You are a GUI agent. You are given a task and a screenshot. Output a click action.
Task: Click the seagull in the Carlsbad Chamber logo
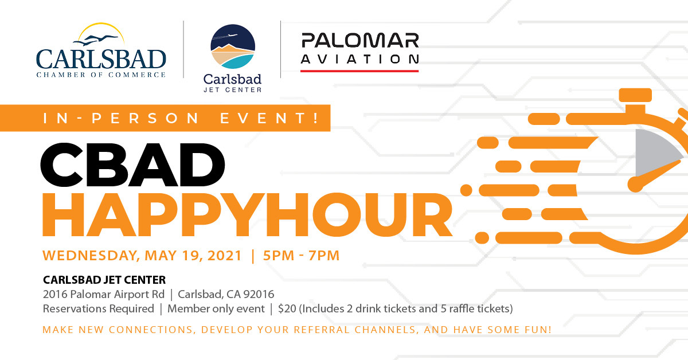(x=96, y=40)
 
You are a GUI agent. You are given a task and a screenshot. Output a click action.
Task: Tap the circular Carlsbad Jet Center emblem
(x=233, y=46)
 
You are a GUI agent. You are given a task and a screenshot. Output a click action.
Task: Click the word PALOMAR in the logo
(x=360, y=41)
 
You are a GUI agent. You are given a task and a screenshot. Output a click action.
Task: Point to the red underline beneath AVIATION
(x=359, y=71)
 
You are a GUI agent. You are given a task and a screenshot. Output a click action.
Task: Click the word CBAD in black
(x=132, y=165)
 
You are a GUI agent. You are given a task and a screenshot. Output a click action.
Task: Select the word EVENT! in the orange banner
(x=270, y=118)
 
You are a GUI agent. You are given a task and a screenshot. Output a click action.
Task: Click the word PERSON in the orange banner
(x=146, y=118)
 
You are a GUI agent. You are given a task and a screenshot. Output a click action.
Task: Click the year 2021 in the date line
(x=225, y=256)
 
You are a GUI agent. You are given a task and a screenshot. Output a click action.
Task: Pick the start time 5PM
(x=279, y=256)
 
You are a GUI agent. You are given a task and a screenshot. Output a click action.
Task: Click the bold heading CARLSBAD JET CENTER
(x=104, y=280)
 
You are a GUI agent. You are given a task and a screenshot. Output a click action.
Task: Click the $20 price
(x=287, y=309)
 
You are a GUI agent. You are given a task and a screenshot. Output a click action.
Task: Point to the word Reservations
(x=98, y=309)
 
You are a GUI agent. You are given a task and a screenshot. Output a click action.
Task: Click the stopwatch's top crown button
(x=635, y=95)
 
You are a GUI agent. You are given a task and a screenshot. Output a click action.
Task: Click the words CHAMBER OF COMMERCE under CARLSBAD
(x=101, y=75)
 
